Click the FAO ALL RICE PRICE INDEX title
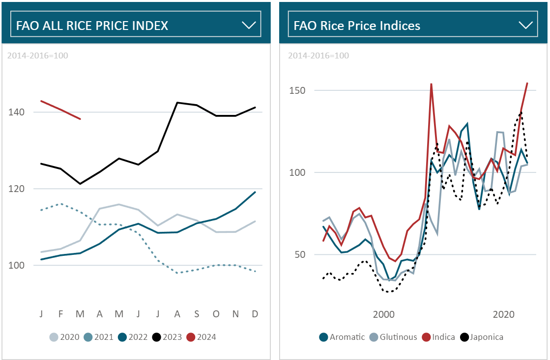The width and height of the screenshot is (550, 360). [92, 26]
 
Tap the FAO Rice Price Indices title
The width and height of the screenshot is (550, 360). [357, 26]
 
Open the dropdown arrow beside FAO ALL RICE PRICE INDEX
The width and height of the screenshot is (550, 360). [249, 26]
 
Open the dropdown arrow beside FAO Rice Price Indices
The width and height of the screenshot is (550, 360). [526, 26]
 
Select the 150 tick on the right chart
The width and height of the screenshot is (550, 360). [296, 90]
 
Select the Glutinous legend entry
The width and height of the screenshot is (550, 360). [393, 337]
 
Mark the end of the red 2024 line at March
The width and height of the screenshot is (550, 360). [80, 119]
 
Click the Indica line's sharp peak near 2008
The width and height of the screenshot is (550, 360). [431, 84]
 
